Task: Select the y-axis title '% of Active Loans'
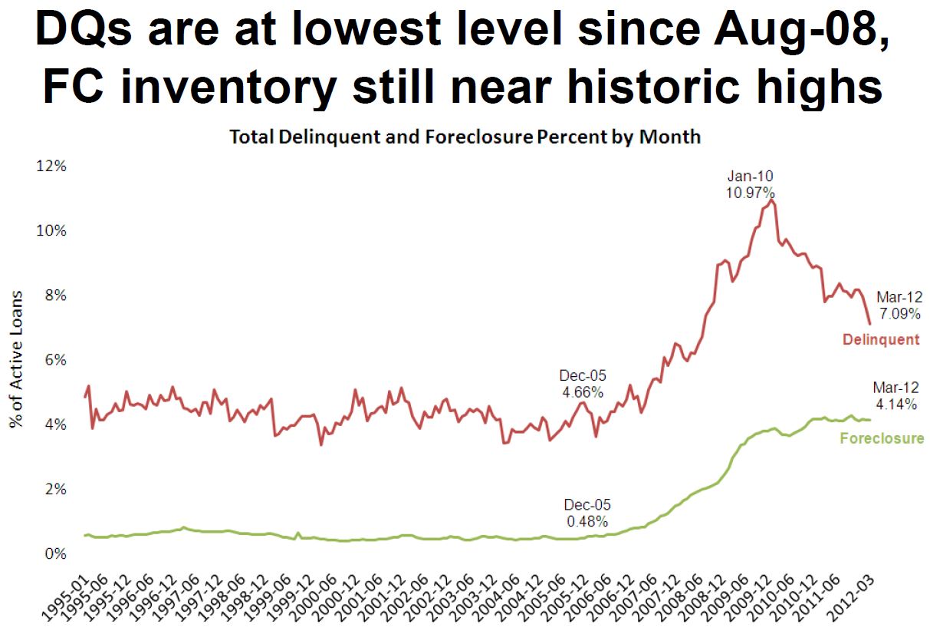17,359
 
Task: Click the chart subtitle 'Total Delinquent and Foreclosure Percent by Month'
465,137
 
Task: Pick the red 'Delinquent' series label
880,339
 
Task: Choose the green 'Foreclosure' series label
882,439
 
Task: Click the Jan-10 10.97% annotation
750,184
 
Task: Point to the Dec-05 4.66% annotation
582,384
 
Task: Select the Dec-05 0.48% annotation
587,513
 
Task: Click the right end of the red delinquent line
869,324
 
